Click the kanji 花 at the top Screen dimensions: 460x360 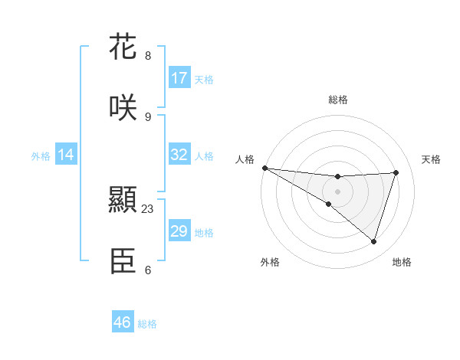point(123,47)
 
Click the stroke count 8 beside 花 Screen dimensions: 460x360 point(148,56)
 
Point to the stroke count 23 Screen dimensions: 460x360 point(148,208)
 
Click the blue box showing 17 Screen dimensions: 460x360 point(179,78)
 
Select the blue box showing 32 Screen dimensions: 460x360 point(179,155)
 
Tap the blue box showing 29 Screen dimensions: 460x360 point(179,231)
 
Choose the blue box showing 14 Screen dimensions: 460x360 point(66,155)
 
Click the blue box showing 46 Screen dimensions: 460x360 point(123,322)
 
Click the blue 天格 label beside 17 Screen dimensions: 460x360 point(204,80)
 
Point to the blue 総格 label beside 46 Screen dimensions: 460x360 point(147,324)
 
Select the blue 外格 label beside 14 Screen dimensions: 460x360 point(41,156)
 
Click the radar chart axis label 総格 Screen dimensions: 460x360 point(337,100)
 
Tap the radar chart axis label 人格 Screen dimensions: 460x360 point(245,159)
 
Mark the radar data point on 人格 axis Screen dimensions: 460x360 point(264,167)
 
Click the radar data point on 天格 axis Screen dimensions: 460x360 point(396,172)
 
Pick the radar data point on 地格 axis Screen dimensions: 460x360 point(373,241)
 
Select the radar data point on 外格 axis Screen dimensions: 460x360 point(329,204)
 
